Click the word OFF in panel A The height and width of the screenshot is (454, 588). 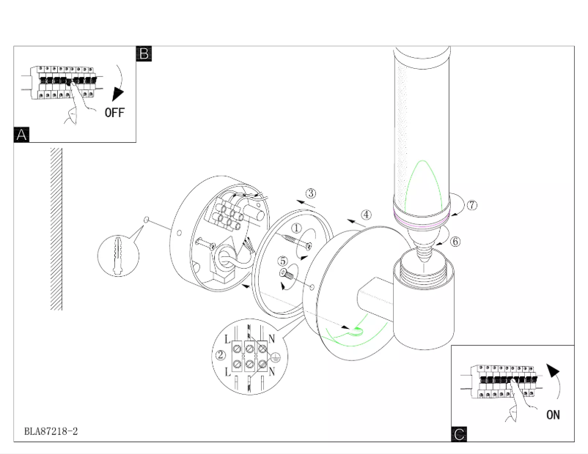click(x=114, y=112)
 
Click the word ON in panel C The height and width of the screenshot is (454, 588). click(x=553, y=414)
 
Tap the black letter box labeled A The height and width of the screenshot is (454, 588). click(x=22, y=135)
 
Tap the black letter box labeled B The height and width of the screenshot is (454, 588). click(x=144, y=53)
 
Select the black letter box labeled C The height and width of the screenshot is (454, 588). click(x=459, y=434)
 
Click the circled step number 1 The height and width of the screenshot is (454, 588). click(x=296, y=228)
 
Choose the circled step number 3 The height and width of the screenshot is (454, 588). click(x=311, y=193)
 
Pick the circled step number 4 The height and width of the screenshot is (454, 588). click(x=367, y=215)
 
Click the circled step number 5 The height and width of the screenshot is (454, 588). click(x=283, y=260)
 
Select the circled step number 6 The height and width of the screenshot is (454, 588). click(x=455, y=242)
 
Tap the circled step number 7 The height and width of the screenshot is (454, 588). click(x=472, y=205)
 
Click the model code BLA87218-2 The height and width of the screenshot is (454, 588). click(x=51, y=431)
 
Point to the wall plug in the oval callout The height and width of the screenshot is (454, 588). click(x=117, y=256)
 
